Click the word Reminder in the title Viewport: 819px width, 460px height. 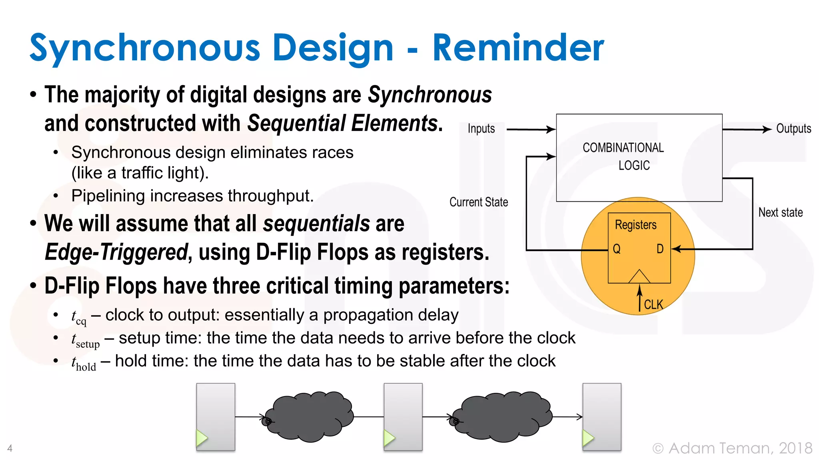click(x=518, y=48)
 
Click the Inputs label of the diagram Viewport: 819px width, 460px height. click(x=481, y=129)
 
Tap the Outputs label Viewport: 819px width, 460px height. click(x=793, y=129)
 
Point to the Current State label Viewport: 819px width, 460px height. click(x=478, y=202)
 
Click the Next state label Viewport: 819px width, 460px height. click(x=780, y=212)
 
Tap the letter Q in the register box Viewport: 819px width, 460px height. click(x=617, y=249)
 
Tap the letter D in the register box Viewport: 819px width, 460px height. click(x=660, y=249)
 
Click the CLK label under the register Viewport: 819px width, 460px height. click(x=653, y=305)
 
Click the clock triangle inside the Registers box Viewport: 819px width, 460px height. click(x=639, y=277)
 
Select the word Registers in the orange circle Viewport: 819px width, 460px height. click(x=635, y=225)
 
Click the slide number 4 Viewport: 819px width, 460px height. click(x=10, y=448)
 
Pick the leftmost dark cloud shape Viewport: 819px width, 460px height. click(x=308, y=417)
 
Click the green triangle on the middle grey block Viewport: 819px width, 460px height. click(x=389, y=438)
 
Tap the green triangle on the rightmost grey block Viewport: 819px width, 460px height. click(x=587, y=438)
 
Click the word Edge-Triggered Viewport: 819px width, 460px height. click(x=116, y=252)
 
